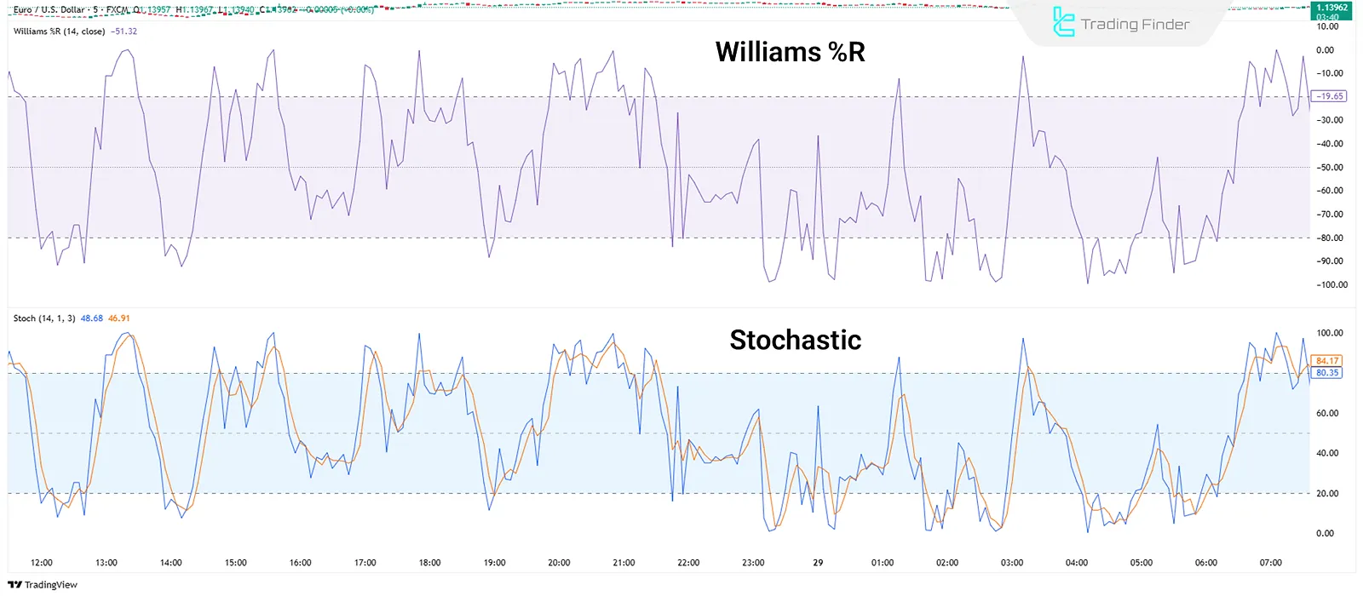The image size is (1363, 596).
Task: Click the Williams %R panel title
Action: [790, 52]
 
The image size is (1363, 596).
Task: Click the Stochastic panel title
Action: [795, 340]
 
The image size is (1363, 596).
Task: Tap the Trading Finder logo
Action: [1121, 23]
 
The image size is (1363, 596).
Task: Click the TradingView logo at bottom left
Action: [43, 585]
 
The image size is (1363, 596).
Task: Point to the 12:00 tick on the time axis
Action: [41, 563]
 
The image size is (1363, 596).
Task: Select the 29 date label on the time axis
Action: [818, 563]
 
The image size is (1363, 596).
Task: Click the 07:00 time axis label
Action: [1270, 563]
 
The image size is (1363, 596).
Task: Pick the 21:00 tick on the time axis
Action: [624, 563]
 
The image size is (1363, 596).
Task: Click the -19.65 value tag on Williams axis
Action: [1329, 96]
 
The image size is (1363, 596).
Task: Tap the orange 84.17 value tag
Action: [1327, 361]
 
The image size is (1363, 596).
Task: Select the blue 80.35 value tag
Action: [1327, 373]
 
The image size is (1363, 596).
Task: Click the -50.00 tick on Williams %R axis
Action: [1330, 168]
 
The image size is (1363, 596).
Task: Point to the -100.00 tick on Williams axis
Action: [1330, 285]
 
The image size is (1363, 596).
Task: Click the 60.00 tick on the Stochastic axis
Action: [1328, 413]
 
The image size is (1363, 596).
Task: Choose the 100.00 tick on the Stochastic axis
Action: [1329, 333]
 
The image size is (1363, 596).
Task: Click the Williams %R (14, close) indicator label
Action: [59, 32]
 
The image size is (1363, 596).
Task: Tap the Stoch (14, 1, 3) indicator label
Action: [43, 318]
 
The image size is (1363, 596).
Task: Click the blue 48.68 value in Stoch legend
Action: [91, 318]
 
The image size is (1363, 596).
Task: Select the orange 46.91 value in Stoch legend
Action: [119, 318]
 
